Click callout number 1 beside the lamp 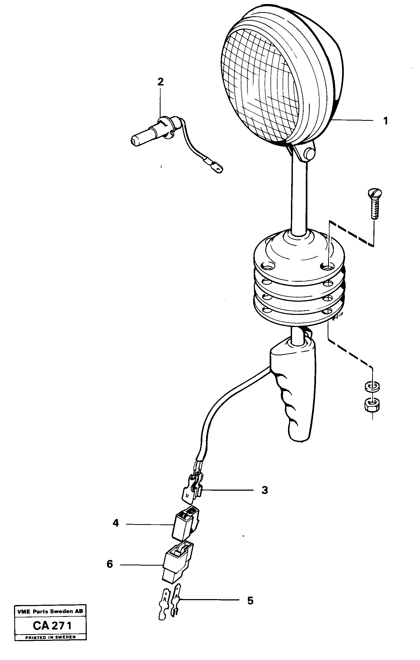point(385,121)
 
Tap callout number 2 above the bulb point(161,82)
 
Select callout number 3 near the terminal point(265,490)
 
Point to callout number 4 point(116,523)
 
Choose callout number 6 point(110,564)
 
